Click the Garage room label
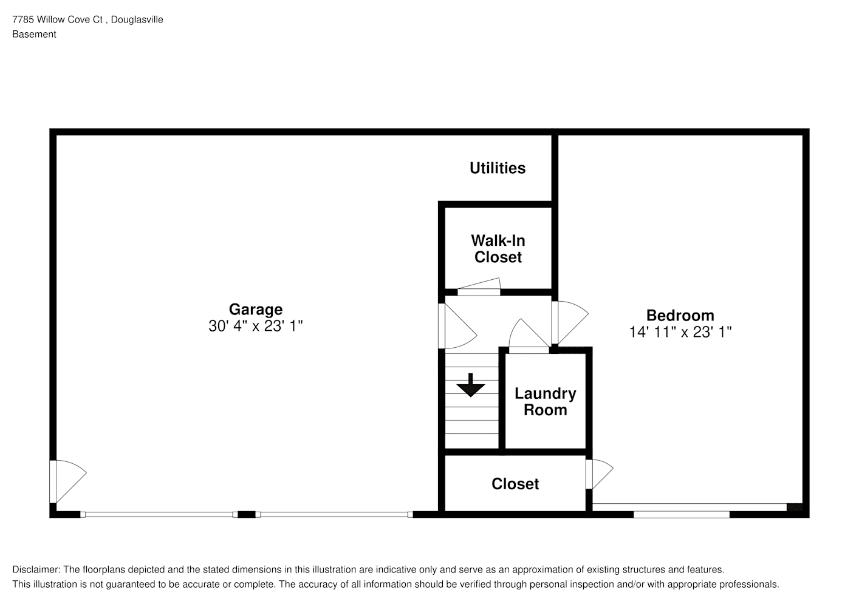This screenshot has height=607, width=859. pyautogui.click(x=256, y=309)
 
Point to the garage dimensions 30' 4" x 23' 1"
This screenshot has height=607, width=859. pyautogui.click(x=256, y=326)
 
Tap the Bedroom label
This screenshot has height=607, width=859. pyautogui.click(x=680, y=316)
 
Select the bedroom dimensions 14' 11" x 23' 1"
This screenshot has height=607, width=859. pyautogui.click(x=680, y=332)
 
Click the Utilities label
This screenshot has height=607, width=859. pyautogui.click(x=498, y=168)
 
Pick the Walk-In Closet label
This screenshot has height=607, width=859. pyautogui.click(x=498, y=249)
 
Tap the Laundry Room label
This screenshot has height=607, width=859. pyautogui.click(x=545, y=402)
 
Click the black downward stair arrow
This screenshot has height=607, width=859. pyautogui.click(x=471, y=385)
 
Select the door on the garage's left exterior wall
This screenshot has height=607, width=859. pyautogui.click(x=67, y=481)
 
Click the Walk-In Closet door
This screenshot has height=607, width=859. pyautogui.click(x=479, y=287)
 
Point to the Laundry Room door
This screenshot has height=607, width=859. pyautogui.click(x=529, y=336)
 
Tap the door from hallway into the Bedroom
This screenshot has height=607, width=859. pyautogui.click(x=570, y=322)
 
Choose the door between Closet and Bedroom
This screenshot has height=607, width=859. pyautogui.click(x=599, y=475)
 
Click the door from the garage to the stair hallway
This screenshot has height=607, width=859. pyautogui.click(x=457, y=326)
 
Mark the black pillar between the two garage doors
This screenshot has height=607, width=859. pyautogui.click(x=247, y=515)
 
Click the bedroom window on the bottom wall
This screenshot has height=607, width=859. pyautogui.click(x=682, y=515)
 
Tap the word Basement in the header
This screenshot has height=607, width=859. pyautogui.click(x=34, y=35)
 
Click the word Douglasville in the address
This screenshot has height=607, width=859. pyautogui.click(x=137, y=19)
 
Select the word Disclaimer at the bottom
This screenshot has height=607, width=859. pyautogui.click(x=36, y=569)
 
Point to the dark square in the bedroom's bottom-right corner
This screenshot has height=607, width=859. pyautogui.click(x=795, y=507)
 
